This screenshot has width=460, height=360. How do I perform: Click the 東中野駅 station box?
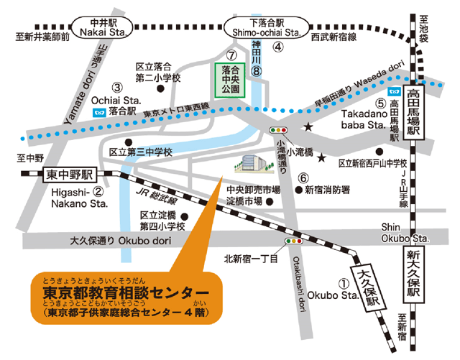pyautogui.click(x=70, y=175)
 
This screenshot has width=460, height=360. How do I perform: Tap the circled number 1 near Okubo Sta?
pyautogui.click(x=344, y=284)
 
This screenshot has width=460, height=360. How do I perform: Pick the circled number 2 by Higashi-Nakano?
pyautogui.click(x=99, y=192)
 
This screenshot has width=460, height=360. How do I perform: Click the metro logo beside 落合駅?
pyautogui.click(x=99, y=112)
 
